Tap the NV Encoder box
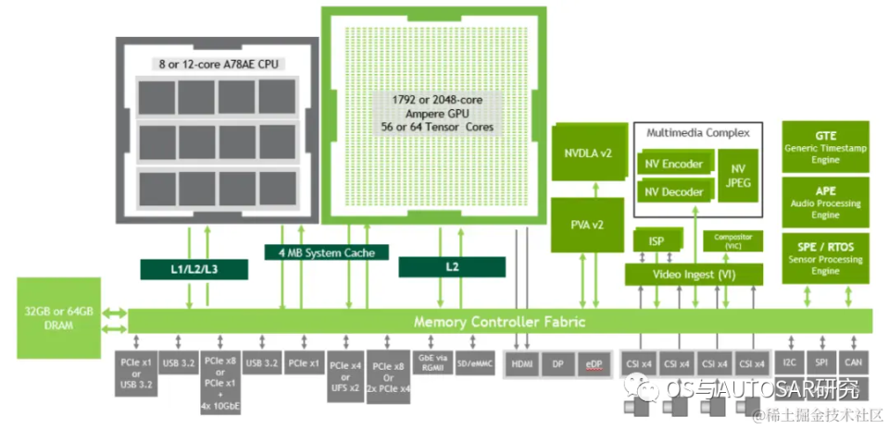tap(675, 165)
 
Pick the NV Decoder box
tap(675, 191)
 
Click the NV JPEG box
tap(738, 176)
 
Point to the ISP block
tap(656, 241)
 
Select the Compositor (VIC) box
tap(733, 240)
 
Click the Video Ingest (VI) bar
tap(694, 274)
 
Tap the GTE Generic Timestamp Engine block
tap(826, 146)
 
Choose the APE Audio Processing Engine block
tap(826, 202)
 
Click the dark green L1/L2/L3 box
tap(193, 268)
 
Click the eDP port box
tap(593, 364)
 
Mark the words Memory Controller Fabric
tap(499, 322)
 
